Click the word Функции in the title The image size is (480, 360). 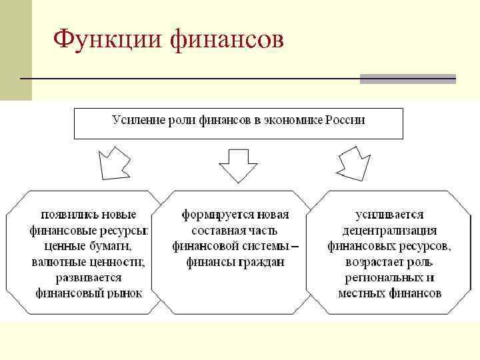tap(107, 39)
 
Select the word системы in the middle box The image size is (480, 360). tap(266, 246)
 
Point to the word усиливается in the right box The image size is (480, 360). tap(389, 215)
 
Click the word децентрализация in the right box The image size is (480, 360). tap(389, 231)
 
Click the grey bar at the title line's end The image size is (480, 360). tap(407, 79)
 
